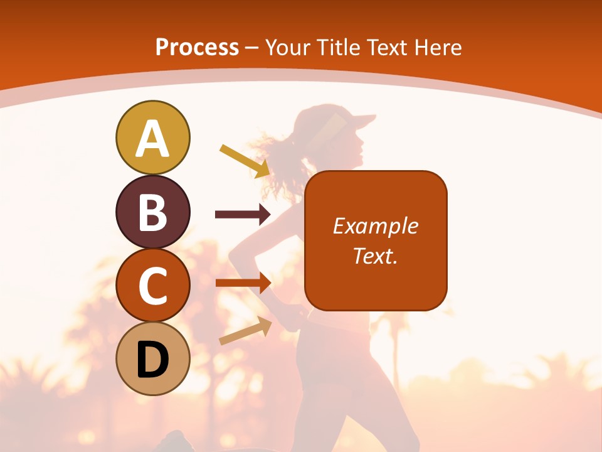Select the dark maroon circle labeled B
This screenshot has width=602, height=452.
pos(152,212)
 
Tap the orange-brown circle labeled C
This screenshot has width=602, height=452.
pos(152,286)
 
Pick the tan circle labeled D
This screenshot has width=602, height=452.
pos(152,358)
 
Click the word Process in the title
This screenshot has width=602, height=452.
pos(197,48)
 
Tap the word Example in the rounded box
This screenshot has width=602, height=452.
pos(375,226)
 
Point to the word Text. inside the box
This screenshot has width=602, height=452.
pos(375,256)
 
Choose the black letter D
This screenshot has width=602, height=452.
pos(152,360)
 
